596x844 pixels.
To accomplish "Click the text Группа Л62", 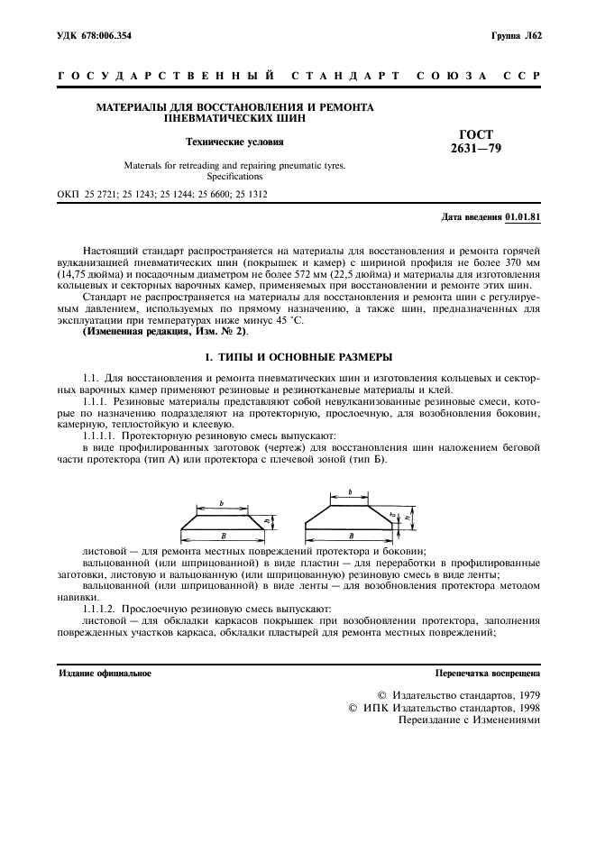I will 516,35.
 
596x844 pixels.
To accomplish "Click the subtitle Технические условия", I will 234,142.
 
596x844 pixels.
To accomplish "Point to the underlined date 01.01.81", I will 524,217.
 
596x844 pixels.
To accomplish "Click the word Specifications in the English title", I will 234,177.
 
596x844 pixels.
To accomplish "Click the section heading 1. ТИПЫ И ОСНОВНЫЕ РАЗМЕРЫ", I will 298,356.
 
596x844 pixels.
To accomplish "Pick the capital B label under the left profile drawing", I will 224,536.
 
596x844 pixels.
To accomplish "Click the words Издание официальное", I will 105,673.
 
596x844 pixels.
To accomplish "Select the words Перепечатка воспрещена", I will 488,673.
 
